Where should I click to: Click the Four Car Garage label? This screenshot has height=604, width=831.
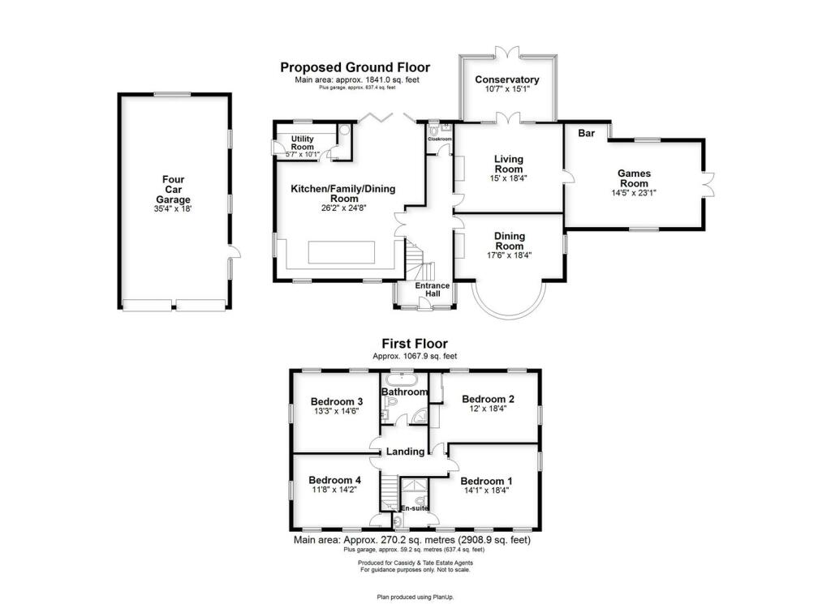(174, 190)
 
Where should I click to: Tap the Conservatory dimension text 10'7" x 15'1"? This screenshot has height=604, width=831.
(507, 89)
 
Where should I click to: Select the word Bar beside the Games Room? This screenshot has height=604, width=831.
(586, 133)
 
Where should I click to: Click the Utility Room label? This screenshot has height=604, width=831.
(303, 143)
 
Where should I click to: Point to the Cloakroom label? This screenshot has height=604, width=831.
(440, 139)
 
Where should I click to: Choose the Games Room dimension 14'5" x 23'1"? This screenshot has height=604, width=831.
(634, 193)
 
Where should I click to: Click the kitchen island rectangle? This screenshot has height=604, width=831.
(342, 252)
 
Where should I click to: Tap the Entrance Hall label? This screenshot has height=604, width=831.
(433, 289)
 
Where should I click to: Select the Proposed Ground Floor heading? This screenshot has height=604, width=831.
(355, 67)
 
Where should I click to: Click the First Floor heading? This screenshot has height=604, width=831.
(415, 344)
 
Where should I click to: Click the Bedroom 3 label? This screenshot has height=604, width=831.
(337, 401)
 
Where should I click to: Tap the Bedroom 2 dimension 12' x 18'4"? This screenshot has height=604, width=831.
(488, 408)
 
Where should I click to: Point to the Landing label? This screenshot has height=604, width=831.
(406, 452)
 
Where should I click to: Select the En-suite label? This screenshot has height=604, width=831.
(415, 508)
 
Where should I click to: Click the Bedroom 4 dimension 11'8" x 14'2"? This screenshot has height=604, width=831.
(334, 490)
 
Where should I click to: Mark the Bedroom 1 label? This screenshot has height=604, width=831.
(487, 482)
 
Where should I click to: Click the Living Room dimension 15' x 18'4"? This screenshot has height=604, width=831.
(508, 178)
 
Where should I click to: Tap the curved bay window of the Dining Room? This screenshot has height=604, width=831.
(508, 314)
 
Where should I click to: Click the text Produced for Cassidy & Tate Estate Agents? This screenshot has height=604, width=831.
(415, 563)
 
